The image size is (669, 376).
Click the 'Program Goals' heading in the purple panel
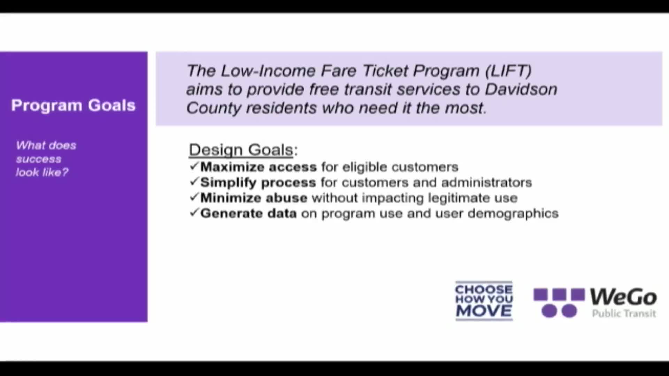pyautogui.click(x=73, y=105)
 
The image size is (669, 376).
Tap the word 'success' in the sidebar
pyautogui.click(x=39, y=159)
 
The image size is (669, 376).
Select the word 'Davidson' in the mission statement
pyautogui.click(x=521, y=89)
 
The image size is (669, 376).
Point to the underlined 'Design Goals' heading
pyautogui.click(x=241, y=150)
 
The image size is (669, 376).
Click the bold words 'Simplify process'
pyautogui.click(x=258, y=182)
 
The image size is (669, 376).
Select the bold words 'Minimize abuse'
pyautogui.click(x=254, y=198)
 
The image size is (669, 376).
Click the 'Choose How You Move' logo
pyautogui.click(x=484, y=300)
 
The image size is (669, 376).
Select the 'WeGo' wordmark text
pyautogui.click(x=623, y=297)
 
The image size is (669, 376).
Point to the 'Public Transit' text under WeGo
pyautogui.click(x=624, y=313)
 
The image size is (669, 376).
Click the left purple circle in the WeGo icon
pyautogui.click(x=549, y=311)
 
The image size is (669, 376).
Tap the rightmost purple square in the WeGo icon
pyautogui.click(x=578, y=294)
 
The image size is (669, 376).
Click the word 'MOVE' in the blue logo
pyautogui.click(x=484, y=311)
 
